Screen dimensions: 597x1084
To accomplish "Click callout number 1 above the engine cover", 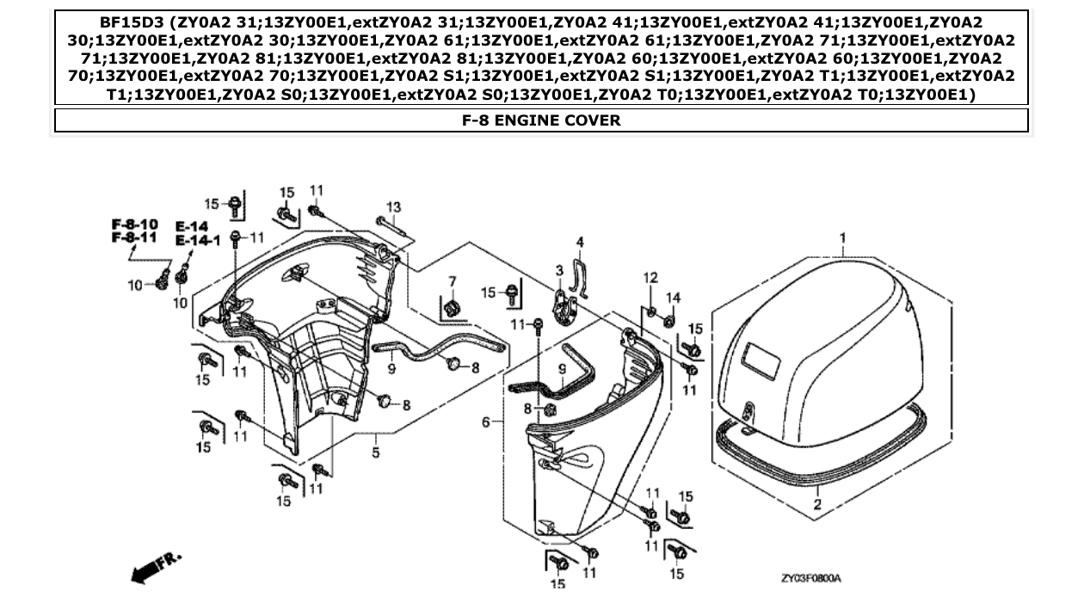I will click(843, 237).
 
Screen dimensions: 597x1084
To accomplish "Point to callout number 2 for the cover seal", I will click(817, 505).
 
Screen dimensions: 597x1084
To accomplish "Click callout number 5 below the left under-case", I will click(376, 452).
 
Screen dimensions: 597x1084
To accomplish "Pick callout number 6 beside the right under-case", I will click(486, 422).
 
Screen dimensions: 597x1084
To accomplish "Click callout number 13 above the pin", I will click(393, 206).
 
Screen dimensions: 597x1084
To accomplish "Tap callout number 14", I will click(673, 298).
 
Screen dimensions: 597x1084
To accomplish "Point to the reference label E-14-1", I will click(198, 240).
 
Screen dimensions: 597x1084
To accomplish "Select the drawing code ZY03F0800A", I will click(810, 579).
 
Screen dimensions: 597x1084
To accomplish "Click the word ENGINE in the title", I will click(525, 120).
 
